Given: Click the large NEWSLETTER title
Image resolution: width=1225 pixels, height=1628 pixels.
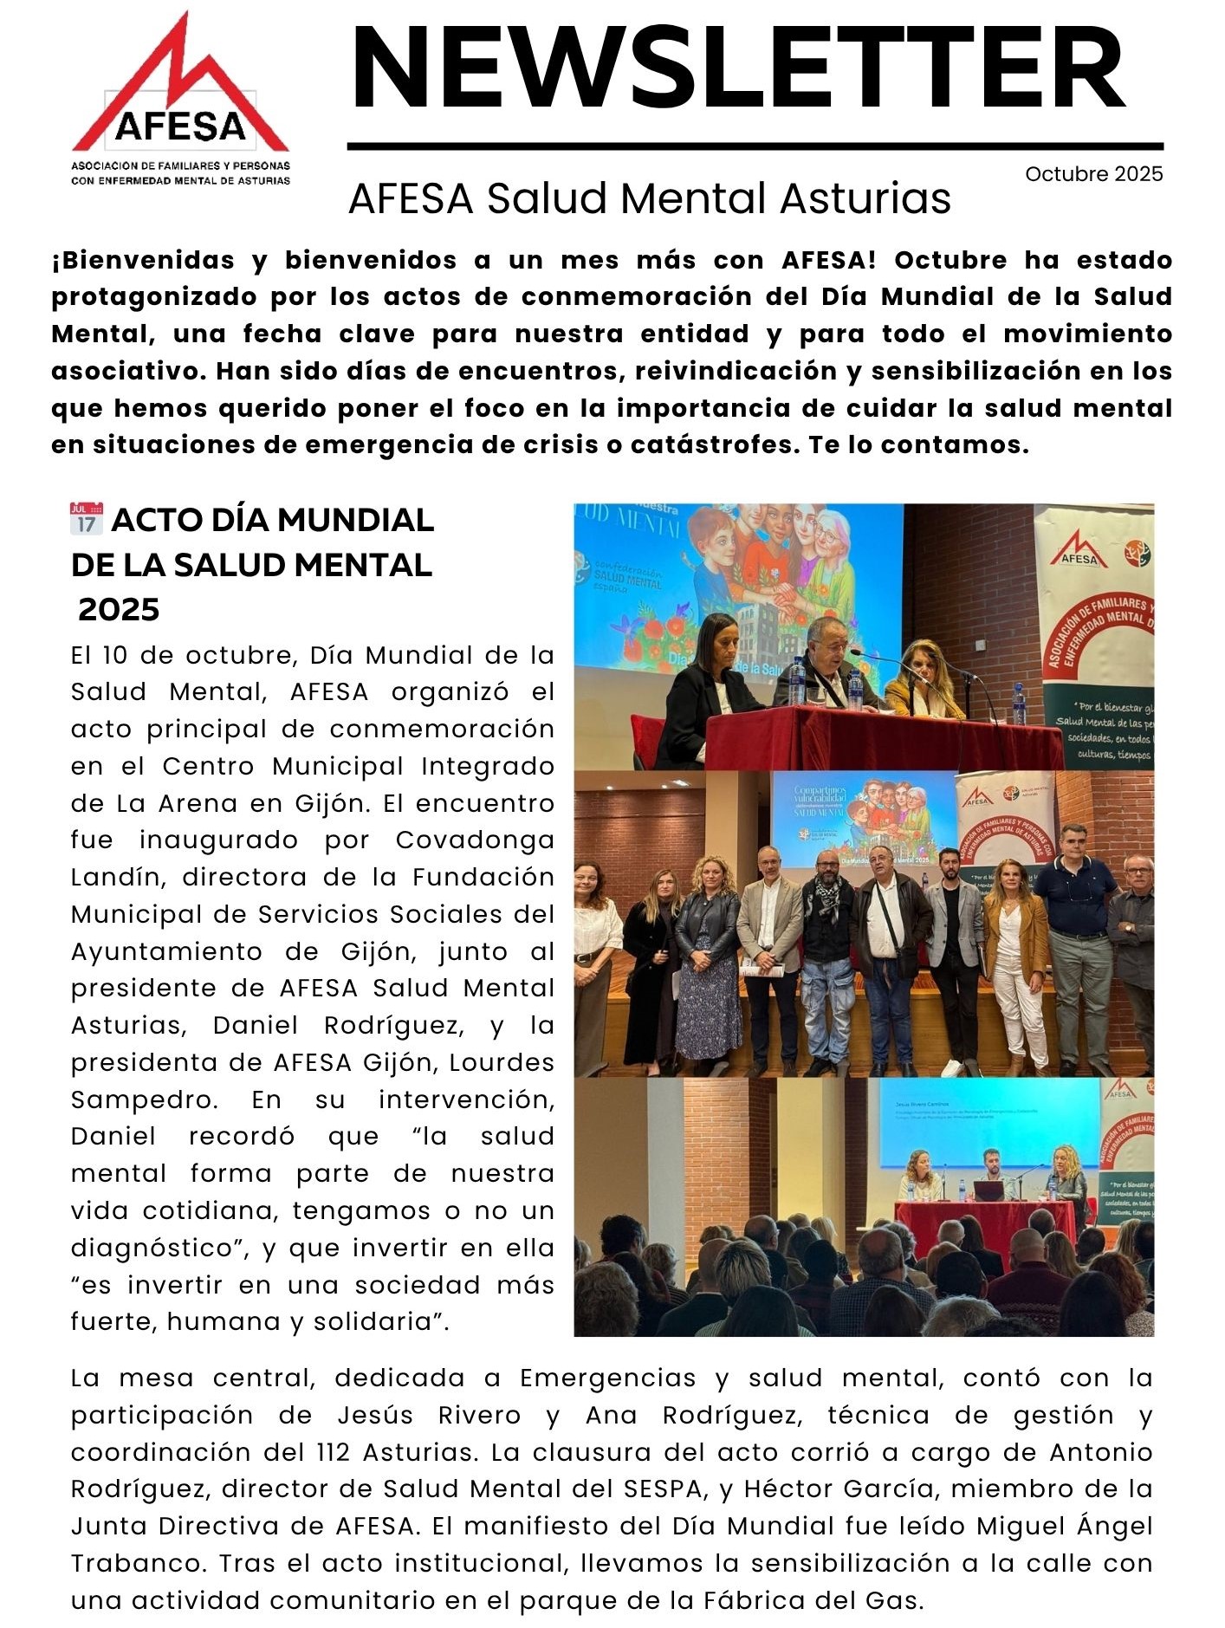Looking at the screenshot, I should click(738, 69).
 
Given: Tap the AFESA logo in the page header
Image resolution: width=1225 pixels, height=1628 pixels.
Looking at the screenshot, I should click(180, 100).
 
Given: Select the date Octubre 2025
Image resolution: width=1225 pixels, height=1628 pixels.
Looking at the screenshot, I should click(1093, 174).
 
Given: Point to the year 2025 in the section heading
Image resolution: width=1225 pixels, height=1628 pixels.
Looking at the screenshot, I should click(119, 610).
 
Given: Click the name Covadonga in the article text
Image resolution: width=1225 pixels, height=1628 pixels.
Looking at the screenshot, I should click(475, 840).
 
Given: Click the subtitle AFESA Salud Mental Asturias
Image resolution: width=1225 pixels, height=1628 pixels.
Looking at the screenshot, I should click(649, 198).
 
